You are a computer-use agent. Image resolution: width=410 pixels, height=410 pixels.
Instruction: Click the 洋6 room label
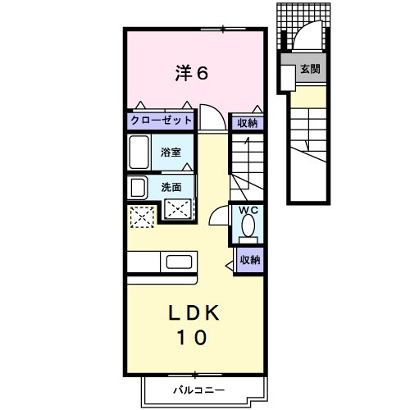pos(191,73)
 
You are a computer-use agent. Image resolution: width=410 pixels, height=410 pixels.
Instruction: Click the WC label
pos(248,211)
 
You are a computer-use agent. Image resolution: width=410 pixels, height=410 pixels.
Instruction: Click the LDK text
pos(196,312)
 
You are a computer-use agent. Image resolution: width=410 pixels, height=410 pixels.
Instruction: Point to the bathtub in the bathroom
pos(139,153)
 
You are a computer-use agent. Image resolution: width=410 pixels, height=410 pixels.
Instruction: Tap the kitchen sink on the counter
pos(178,262)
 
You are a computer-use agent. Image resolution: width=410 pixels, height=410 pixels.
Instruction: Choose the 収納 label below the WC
pos(250,260)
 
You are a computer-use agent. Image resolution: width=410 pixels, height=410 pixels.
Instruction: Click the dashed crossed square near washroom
pos(141,216)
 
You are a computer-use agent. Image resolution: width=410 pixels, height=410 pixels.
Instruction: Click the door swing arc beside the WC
pos(219,216)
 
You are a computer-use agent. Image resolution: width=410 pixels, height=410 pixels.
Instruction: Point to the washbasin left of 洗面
pos(134,187)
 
